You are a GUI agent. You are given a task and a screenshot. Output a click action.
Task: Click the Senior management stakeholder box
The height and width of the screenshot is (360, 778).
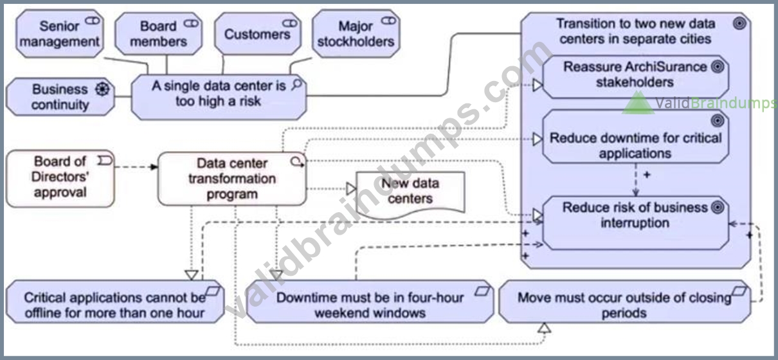(60, 33)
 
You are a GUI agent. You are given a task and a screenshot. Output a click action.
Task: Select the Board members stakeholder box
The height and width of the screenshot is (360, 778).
(159, 33)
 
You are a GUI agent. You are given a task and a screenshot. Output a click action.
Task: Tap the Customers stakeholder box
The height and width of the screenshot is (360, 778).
(258, 33)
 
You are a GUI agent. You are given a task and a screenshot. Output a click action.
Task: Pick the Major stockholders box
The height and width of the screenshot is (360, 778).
(356, 33)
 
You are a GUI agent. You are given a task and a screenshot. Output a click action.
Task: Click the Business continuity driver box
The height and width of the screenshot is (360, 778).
(60, 97)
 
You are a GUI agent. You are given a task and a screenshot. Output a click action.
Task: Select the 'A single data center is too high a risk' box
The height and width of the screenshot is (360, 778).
(219, 97)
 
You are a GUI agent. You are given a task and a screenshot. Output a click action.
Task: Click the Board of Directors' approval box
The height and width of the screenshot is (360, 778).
(60, 179)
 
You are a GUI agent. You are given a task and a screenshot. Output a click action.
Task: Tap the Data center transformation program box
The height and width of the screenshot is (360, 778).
(232, 179)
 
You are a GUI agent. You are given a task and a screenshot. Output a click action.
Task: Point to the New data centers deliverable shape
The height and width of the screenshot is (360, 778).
(410, 194)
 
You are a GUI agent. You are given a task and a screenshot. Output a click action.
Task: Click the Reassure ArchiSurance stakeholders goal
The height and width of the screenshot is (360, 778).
(635, 77)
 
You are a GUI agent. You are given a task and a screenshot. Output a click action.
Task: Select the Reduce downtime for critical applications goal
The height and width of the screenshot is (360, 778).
(635, 137)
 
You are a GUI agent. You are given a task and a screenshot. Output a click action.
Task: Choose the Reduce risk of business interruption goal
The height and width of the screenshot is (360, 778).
(635, 223)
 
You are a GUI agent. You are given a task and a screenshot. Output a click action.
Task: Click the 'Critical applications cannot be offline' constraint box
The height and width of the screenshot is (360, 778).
(115, 302)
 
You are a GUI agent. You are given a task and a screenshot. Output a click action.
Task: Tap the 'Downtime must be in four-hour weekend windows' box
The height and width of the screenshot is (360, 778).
(370, 302)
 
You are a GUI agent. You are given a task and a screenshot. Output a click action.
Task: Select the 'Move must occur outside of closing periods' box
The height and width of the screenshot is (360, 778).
(624, 302)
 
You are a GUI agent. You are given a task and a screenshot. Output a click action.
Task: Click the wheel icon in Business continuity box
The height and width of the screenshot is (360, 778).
(102, 89)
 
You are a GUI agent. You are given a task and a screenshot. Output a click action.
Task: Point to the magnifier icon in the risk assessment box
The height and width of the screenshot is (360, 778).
(296, 84)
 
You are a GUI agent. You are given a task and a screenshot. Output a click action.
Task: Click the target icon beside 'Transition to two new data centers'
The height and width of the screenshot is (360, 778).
(739, 24)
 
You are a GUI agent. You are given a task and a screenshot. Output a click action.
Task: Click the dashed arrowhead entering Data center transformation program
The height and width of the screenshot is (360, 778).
(154, 167)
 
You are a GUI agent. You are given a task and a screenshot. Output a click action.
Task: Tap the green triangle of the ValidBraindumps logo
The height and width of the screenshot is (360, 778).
(638, 104)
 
